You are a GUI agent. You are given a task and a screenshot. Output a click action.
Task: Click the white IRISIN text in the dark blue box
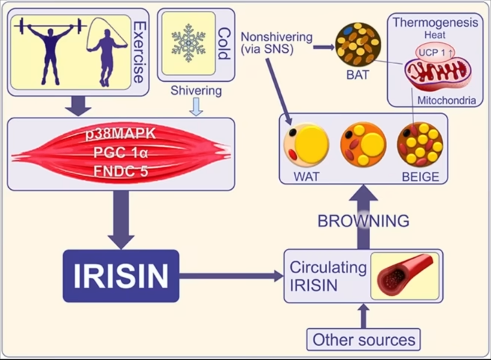tap(121, 276)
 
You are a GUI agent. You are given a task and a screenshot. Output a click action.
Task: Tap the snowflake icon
tap(188, 43)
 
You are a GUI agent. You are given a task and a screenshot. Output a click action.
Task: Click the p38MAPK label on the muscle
tap(121, 134)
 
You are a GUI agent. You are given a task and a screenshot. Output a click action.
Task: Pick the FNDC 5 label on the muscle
tap(121, 172)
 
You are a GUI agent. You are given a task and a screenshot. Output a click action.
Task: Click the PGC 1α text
tap(121, 153)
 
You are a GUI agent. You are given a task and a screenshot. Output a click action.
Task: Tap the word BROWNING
tap(363, 220)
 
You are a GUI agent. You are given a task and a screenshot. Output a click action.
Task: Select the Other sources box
tap(363, 340)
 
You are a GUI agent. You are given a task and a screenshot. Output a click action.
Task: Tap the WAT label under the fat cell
tap(307, 176)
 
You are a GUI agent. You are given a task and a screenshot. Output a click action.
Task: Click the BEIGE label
tap(420, 176)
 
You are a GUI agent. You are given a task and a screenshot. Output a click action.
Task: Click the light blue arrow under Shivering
tap(196, 107)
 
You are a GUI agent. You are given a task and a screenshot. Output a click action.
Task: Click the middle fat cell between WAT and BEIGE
tap(363, 145)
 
